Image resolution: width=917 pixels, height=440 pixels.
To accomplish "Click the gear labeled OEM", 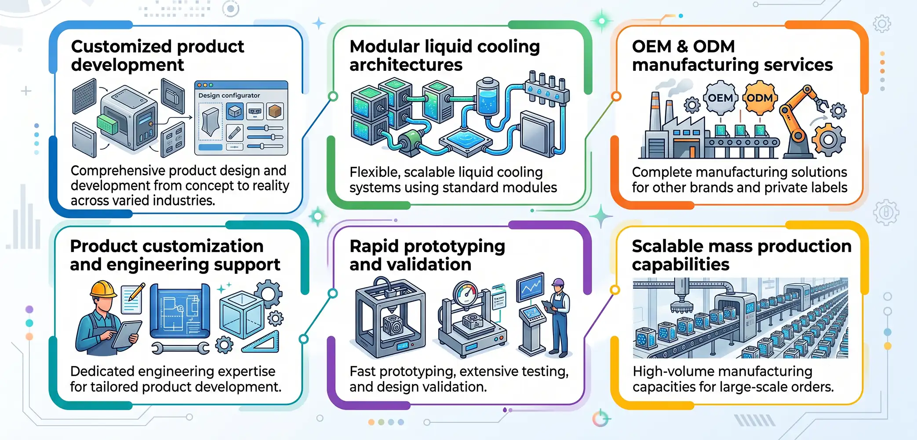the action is click(720, 98).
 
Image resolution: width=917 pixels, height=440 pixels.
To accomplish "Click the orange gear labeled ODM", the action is click(760, 98).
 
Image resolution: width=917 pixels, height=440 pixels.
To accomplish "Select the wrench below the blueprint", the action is click(180, 348).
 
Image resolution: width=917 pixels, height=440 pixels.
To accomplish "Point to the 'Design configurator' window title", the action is click(229, 95).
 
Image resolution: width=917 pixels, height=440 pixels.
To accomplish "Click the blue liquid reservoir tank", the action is click(488, 98).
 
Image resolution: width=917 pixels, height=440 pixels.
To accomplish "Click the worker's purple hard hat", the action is click(557, 282).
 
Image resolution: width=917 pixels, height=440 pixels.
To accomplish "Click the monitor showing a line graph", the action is click(530, 286).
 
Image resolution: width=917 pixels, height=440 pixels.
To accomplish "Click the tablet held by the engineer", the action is click(127, 334).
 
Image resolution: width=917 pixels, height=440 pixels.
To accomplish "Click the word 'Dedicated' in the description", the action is click(102, 371).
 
